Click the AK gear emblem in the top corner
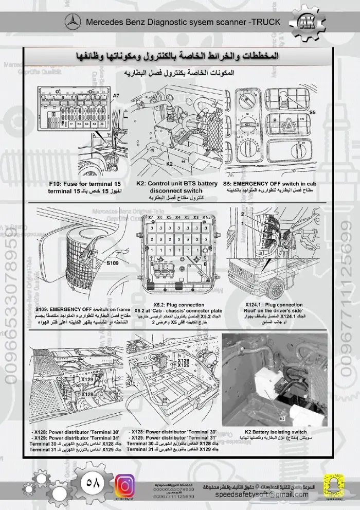[308, 23]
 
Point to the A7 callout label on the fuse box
[115, 96]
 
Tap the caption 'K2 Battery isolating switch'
[275, 432]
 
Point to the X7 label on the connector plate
[151, 218]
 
